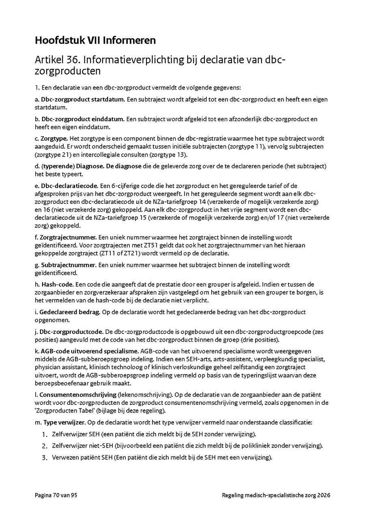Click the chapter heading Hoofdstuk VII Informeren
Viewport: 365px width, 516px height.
[x=95, y=41]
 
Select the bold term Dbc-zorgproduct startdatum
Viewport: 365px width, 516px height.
[x=82, y=99]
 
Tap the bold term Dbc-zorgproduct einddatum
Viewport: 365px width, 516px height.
[x=82, y=119]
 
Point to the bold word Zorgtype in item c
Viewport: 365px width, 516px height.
[x=54, y=139]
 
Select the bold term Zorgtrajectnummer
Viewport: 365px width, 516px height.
[x=68, y=238]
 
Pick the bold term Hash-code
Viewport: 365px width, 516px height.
[x=55, y=285]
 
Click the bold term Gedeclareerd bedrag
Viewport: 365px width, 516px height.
[x=69, y=312]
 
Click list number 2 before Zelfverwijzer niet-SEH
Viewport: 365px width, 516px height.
[x=45, y=446]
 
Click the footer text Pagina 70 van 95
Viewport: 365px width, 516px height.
[x=56, y=495]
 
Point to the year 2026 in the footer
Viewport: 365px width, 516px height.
[x=324, y=495]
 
